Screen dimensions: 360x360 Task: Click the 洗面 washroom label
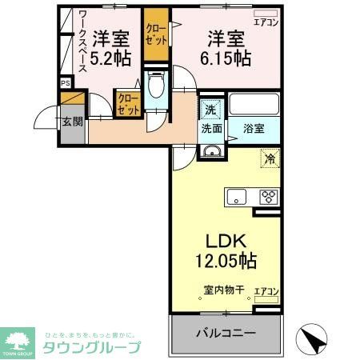pos(211,128)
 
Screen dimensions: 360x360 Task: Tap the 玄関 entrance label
pos(71,122)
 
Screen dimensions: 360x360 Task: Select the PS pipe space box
pos(66,82)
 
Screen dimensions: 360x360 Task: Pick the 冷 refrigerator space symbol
pos(270,158)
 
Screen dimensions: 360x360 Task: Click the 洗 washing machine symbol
pos(209,110)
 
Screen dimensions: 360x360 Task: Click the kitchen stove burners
pos(268,196)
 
